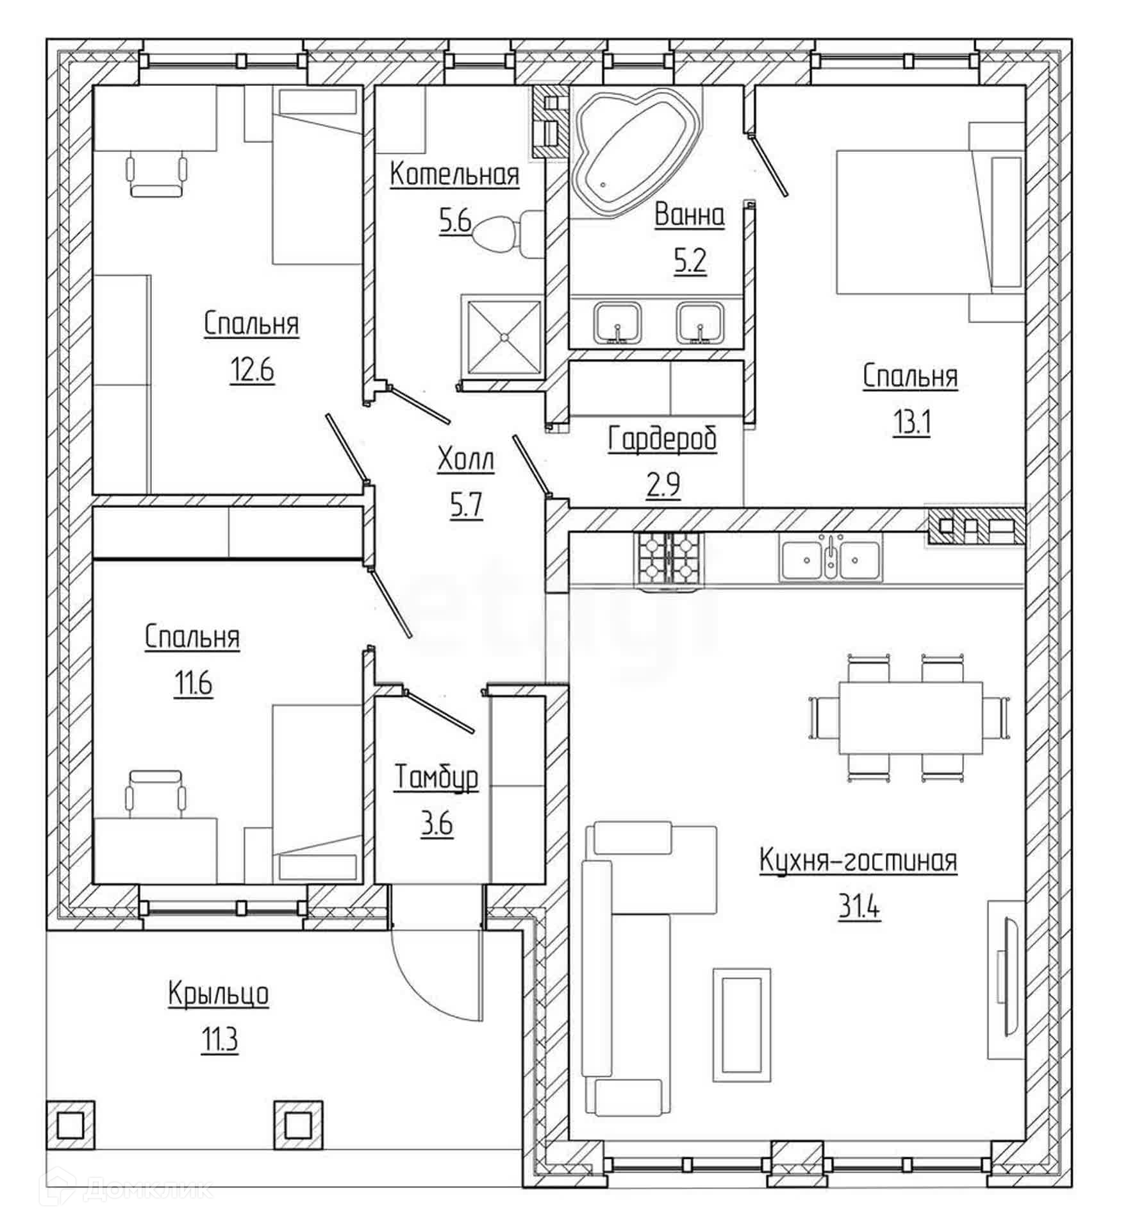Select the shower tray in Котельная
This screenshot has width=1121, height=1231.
click(x=504, y=337)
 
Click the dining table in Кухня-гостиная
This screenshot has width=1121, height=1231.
click(x=910, y=717)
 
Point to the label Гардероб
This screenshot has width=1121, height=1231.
click(x=662, y=440)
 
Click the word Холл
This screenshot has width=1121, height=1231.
click(x=466, y=460)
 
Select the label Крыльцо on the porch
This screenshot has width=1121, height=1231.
click(x=219, y=994)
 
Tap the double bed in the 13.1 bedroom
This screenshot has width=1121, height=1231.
click(x=923, y=221)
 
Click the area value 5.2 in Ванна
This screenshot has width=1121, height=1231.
click(x=690, y=261)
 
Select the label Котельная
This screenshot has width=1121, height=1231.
click(x=454, y=174)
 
